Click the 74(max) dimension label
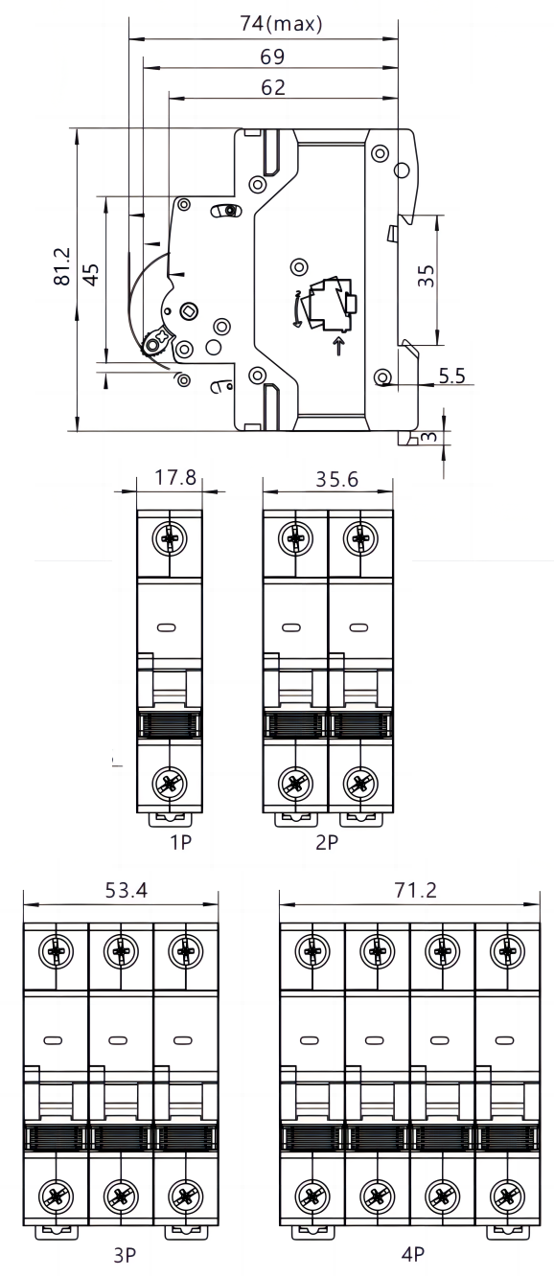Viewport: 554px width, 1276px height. coord(281,23)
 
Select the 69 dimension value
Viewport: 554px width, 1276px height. coord(272,57)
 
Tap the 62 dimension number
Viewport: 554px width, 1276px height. coord(273,87)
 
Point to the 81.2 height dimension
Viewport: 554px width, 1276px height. coord(61,266)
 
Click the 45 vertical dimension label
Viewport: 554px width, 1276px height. coord(91,273)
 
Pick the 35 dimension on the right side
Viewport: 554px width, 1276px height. coord(426,276)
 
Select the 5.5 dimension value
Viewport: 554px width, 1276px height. coord(452,376)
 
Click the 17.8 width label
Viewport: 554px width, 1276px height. coord(175,477)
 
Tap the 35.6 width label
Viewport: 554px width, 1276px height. coord(336,479)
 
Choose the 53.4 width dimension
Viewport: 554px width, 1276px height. coord(126,890)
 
